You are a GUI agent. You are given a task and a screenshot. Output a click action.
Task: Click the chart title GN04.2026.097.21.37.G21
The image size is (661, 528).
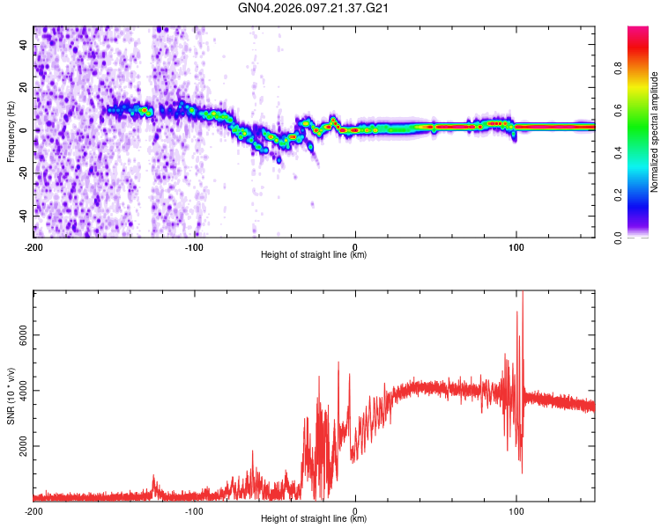point(314,8)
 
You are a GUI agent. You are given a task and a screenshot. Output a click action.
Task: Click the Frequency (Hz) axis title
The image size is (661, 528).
point(11,132)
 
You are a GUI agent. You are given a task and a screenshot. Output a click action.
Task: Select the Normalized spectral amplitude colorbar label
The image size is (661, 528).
point(655,132)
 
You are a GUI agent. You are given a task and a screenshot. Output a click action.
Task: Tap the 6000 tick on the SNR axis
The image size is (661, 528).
point(19,335)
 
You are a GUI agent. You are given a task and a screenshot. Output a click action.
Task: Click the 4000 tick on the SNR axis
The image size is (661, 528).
point(19,391)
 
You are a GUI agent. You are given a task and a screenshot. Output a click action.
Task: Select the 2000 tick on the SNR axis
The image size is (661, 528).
point(19,446)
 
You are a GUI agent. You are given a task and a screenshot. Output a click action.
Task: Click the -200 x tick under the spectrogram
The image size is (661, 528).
point(33,246)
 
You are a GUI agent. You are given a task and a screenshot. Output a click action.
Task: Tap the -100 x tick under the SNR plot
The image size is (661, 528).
point(194,510)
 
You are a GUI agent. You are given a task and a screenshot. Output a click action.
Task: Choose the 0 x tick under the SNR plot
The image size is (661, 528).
point(355,510)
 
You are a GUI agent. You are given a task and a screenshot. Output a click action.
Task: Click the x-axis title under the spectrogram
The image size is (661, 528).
point(314,255)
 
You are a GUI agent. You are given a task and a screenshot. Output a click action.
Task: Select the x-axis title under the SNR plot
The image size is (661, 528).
point(314,519)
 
